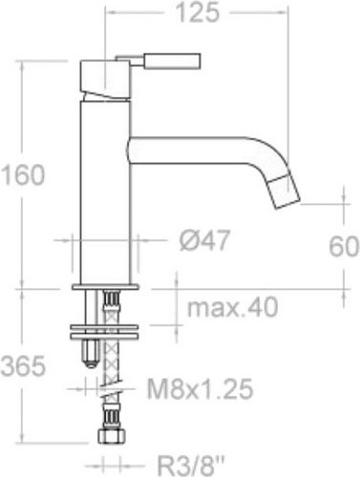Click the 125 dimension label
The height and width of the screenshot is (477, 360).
coord(198,13)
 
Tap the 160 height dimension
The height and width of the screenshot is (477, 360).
coord(23,175)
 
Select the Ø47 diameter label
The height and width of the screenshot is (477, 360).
coord(204,240)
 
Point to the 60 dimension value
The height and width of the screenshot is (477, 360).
coord(344,246)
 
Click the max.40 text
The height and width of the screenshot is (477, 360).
coord(232,307)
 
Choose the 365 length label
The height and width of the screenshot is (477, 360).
coord(23,365)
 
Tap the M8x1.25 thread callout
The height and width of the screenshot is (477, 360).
coord(200,388)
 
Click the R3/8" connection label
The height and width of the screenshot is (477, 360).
coord(191,466)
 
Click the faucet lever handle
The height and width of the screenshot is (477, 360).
coord(159,60)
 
